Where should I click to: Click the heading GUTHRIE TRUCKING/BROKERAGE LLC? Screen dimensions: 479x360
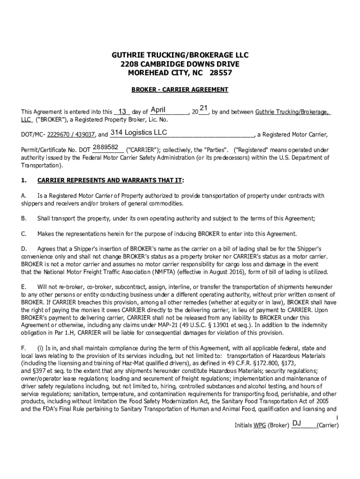click(x=180, y=55)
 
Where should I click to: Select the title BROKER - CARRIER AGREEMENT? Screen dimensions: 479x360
click(x=180, y=89)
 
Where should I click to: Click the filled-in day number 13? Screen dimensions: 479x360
click(x=122, y=112)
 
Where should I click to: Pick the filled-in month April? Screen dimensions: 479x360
click(x=158, y=110)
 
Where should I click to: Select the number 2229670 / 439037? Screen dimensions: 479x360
click(x=71, y=135)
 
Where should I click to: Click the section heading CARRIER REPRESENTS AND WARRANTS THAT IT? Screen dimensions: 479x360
click(x=110, y=180)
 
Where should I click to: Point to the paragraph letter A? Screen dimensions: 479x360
click(x=23, y=196)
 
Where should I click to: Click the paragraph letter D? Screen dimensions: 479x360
click(x=23, y=249)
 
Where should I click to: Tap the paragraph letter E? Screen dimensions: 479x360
click(x=23, y=286)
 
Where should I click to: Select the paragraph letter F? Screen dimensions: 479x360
click(x=23, y=348)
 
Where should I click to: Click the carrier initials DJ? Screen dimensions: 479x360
click(x=296, y=423)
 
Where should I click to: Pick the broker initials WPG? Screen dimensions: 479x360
click(x=259, y=426)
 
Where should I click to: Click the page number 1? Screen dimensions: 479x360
click(x=337, y=417)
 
